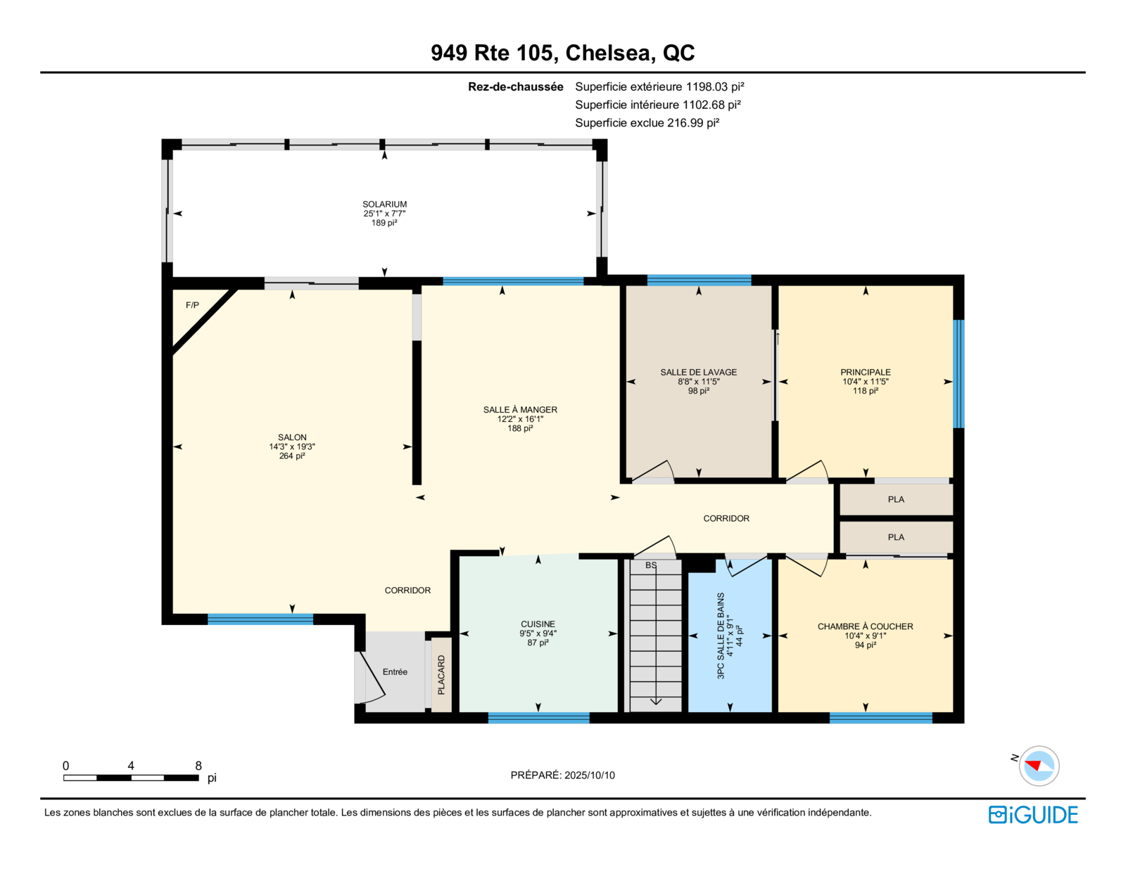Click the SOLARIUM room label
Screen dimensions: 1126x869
[384, 205]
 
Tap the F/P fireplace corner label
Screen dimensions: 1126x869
[192, 305]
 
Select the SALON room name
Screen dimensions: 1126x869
[292, 437]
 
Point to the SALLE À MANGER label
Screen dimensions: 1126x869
[520, 409]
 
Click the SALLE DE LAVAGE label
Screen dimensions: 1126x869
[699, 372]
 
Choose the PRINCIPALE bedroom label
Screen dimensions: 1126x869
[866, 372]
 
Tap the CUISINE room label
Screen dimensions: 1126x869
[538, 624]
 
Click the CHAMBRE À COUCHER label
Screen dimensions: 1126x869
[866, 626]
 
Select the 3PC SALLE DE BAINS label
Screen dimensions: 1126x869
[721, 636]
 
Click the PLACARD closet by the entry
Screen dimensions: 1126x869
[441, 675]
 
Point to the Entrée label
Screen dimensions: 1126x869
[395, 672]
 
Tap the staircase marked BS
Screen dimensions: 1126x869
[655, 636]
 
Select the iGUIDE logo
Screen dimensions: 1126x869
[1033, 815]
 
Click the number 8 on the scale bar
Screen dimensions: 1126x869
[198, 766]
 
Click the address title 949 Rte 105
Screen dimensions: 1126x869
[492, 53]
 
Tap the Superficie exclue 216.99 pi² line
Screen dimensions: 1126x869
[647, 122]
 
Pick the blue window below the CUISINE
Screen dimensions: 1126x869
[539, 717]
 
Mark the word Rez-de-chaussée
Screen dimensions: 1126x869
[516, 87]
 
